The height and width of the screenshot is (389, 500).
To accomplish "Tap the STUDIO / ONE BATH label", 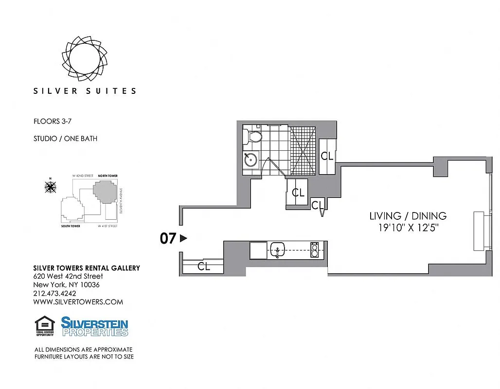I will pos(65,139).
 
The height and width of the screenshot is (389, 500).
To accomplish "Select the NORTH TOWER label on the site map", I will pos(107,176).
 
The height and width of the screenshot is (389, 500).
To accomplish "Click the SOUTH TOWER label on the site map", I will pos(71,227).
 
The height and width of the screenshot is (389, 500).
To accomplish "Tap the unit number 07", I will pos(168,239).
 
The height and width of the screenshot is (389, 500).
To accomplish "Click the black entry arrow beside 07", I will pos(183,238).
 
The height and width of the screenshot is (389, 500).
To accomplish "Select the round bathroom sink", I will pos(251,159).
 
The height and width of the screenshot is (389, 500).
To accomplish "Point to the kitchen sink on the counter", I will pos(278,250).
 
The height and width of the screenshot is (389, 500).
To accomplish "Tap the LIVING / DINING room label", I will pos(408,216).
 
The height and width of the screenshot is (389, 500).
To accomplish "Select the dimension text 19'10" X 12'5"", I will pos(408,228).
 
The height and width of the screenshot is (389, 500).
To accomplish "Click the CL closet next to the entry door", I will pos(204,266).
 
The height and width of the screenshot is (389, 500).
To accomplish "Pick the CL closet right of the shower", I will pos(327,156).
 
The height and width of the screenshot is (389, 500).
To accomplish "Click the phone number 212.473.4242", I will pos(54,293).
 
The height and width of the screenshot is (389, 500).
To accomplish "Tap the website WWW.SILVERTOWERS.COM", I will pos(78,302).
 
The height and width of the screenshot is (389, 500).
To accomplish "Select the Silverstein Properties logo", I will pos(95,326).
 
